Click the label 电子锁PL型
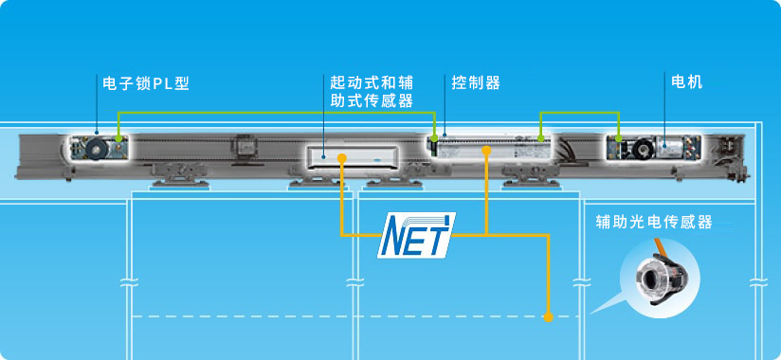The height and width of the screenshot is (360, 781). click(x=146, y=83)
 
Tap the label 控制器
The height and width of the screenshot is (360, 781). click(x=477, y=83)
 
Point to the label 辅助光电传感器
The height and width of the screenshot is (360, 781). click(x=653, y=223)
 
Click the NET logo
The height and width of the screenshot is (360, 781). click(x=416, y=234)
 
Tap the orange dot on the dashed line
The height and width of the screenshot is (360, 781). click(x=549, y=316)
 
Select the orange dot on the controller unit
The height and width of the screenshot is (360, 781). click(x=486, y=149)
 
